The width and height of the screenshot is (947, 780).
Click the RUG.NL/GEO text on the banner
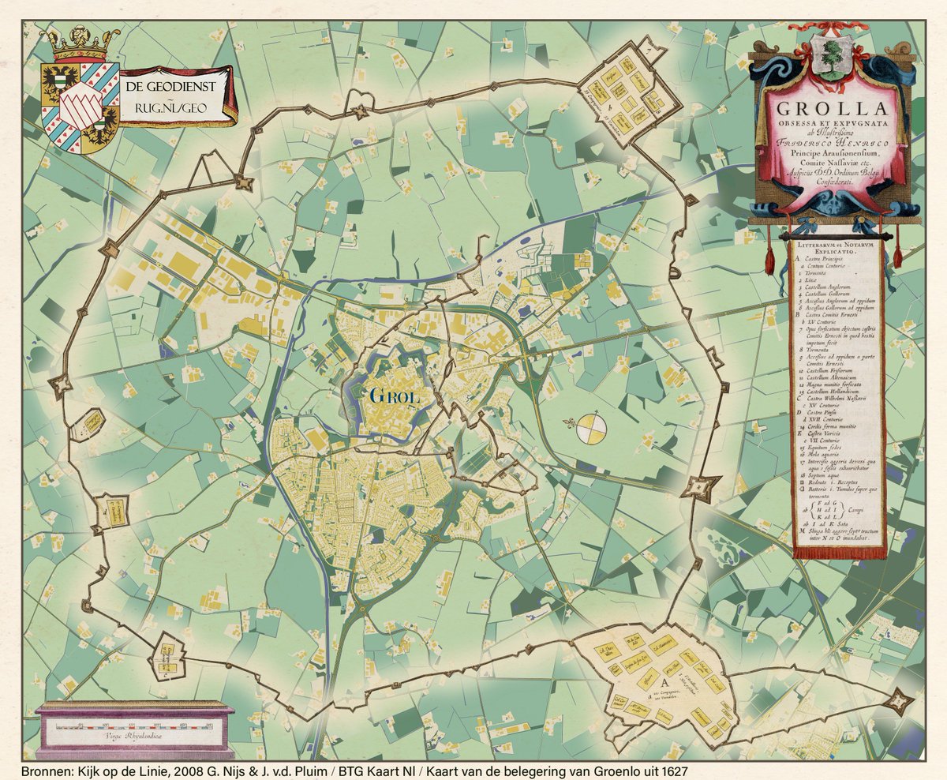click(x=175, y=107)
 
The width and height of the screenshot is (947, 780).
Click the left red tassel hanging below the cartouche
click(x=770, y=257)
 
